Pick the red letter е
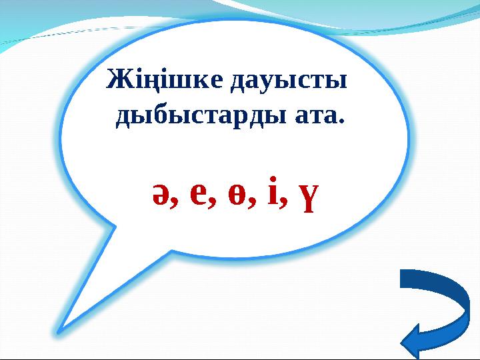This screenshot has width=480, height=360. click(199, 192)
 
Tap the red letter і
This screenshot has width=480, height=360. click(271, 191)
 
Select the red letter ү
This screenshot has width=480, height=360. click(306, 195)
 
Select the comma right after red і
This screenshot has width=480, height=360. click(283, 203)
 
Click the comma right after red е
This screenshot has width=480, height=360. click(214, 203)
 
